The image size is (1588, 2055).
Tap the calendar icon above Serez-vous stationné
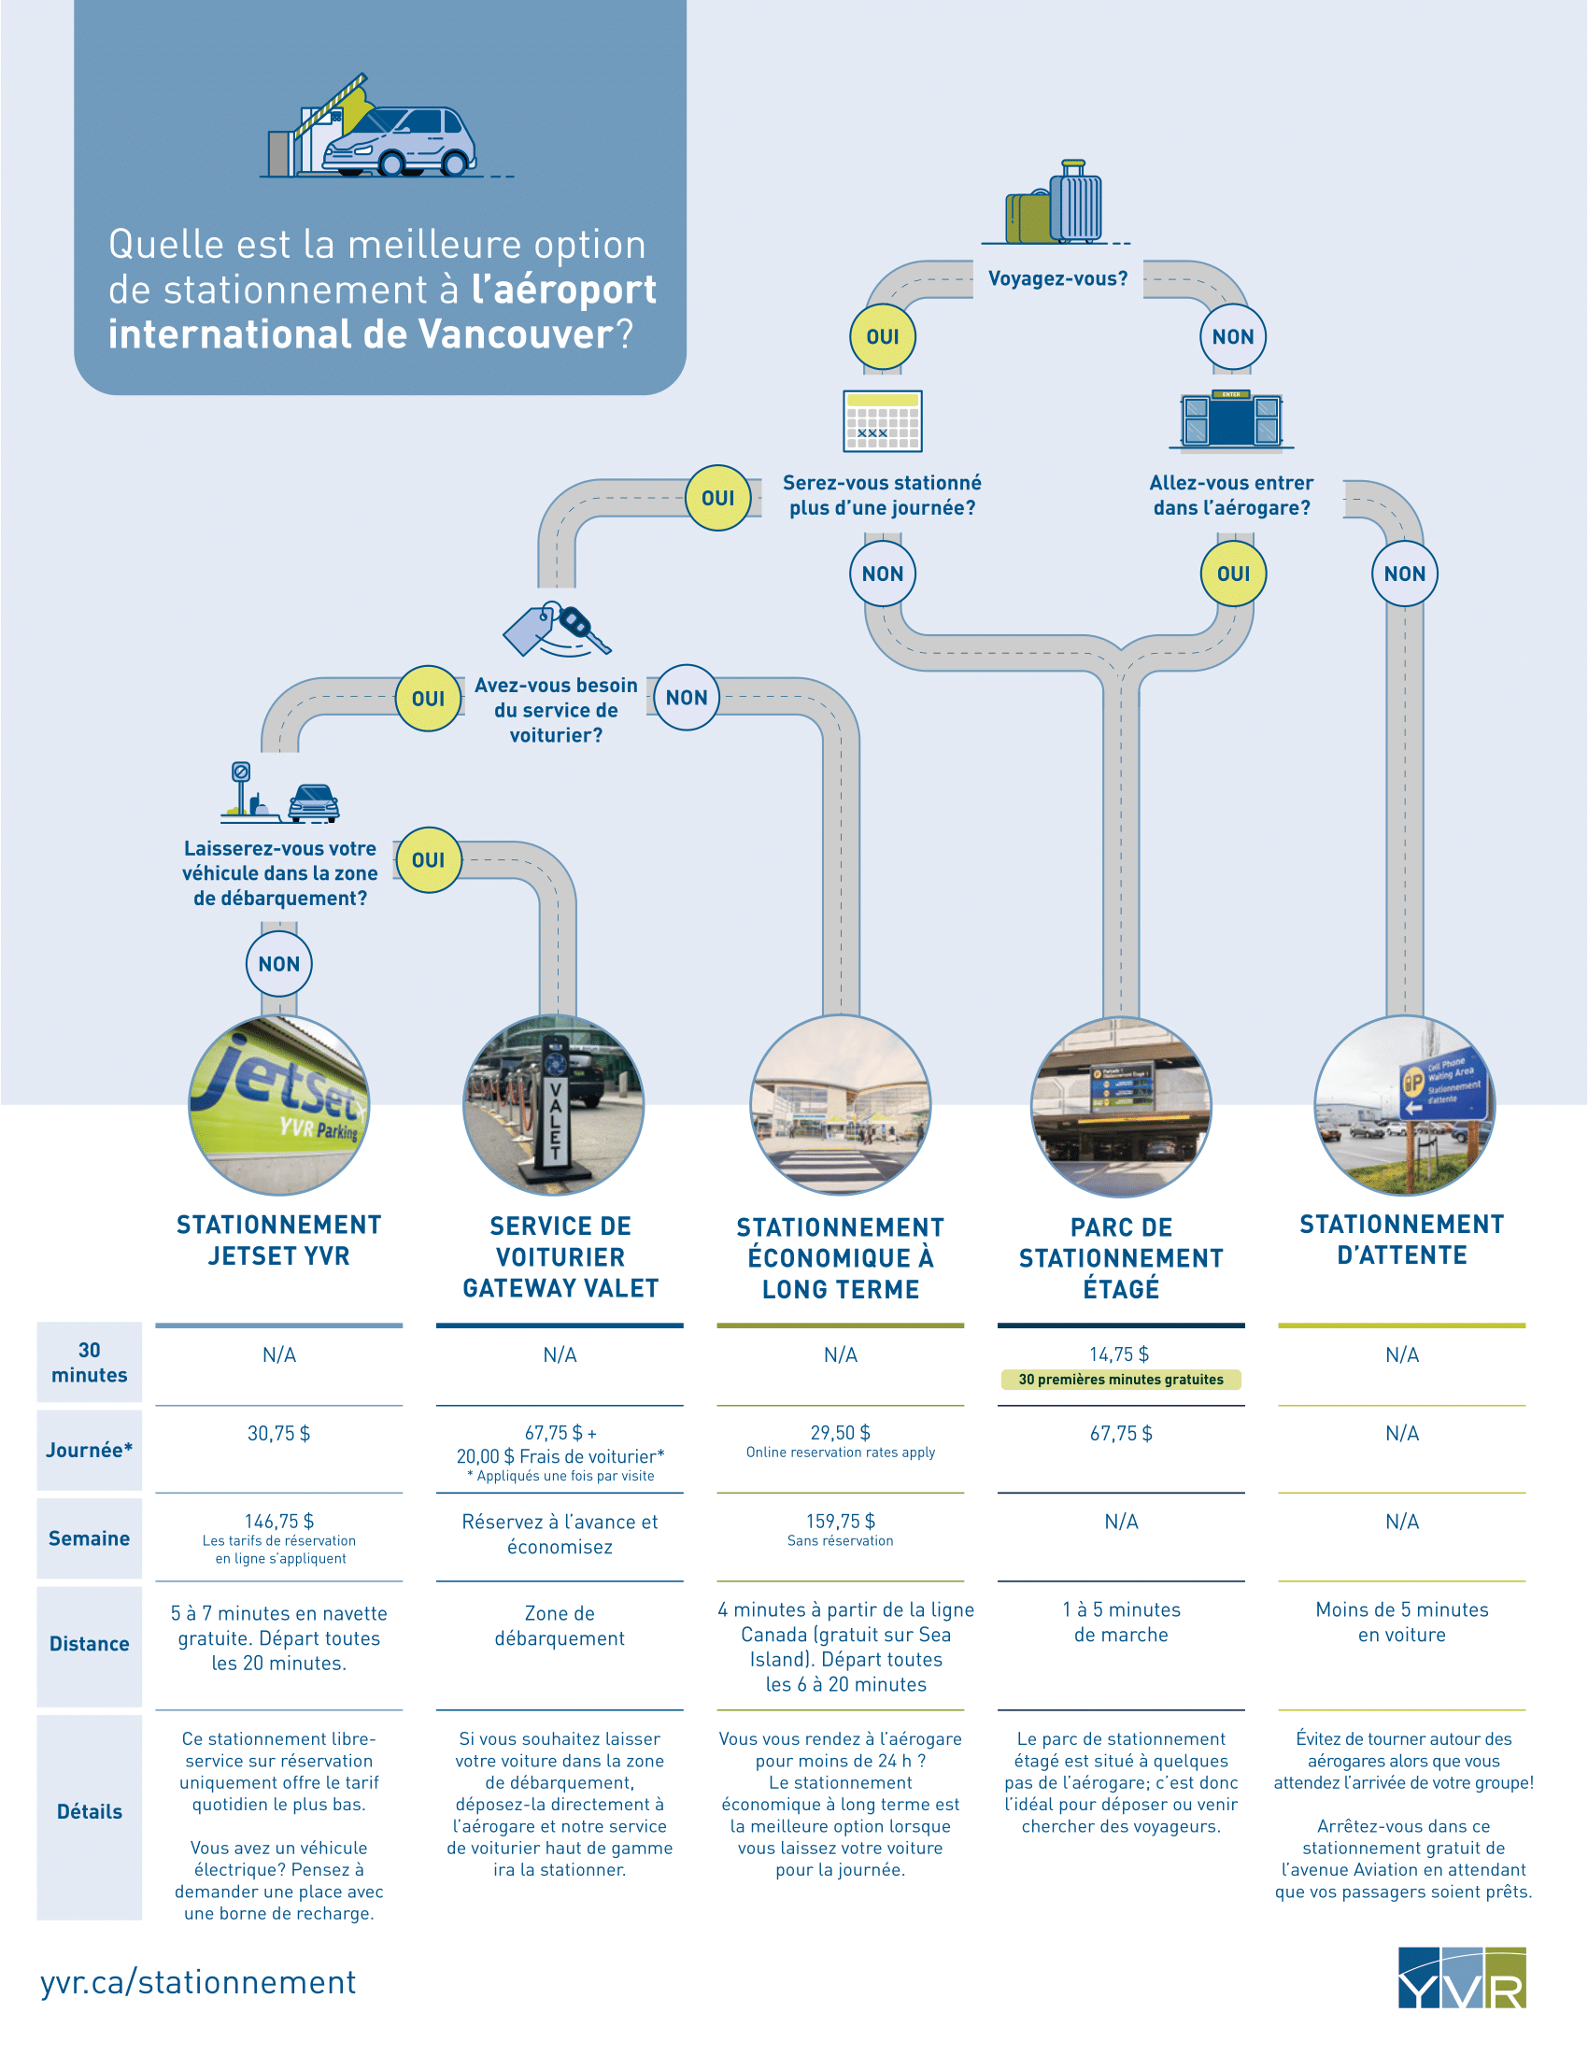[883, 421]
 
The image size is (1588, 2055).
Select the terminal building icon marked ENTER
[1231, 418]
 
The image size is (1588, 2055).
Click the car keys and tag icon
[557, 629]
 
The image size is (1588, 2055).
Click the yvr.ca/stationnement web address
[198, 1981]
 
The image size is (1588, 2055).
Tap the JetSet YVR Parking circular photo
[279, 1105]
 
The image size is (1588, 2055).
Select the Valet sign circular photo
[554, 1105]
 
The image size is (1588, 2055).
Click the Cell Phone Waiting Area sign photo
[1405, 1105]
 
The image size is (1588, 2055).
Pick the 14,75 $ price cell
[1119, 1354]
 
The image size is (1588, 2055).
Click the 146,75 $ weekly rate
[279, 1521]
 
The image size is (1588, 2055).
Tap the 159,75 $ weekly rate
[840, 1521]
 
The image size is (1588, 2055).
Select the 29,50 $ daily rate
[840, 1432]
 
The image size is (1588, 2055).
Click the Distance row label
[90, 1643]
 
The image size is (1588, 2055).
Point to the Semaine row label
[90, 1538]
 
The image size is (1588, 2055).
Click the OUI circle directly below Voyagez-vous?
[883, 337]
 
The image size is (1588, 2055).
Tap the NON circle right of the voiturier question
[687, 697]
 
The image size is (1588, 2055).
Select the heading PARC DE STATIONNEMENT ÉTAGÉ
[1121, 1258]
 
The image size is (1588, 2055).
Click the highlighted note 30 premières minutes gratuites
[1121, 1380]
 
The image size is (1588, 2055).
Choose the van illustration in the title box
[399, 139]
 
